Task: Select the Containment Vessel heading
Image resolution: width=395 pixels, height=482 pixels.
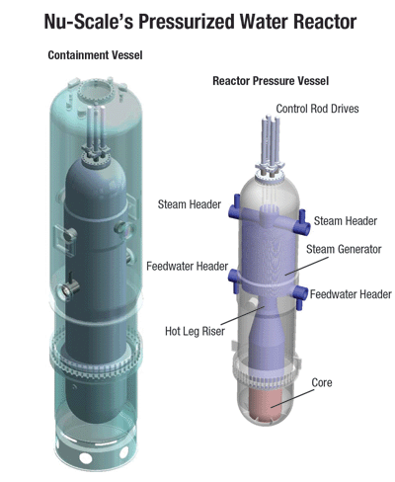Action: pos(95,55)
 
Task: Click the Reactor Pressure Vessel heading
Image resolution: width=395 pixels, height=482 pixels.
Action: pos(271,81)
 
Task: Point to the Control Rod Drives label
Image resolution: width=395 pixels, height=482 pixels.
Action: pos(317,109)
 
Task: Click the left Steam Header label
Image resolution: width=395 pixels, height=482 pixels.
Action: pos(190,204)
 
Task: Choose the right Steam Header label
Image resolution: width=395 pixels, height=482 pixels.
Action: pos(346,220)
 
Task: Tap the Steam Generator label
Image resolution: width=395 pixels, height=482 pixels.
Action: pos(344,249)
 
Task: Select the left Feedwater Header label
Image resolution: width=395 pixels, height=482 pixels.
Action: pos(187,266)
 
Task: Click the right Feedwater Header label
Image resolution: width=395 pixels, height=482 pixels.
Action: pos(351,294)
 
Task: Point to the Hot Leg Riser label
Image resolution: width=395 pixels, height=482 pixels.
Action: pos(195,331)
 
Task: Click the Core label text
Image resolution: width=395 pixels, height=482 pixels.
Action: pos(322,382)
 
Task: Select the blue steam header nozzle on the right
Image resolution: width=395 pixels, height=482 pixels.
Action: pos(302,223)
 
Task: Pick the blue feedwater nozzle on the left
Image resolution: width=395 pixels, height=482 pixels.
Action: pos(234,281)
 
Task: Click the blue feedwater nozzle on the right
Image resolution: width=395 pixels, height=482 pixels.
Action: pos(299,295)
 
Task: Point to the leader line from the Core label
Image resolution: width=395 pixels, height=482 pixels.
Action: pos(292,398)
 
